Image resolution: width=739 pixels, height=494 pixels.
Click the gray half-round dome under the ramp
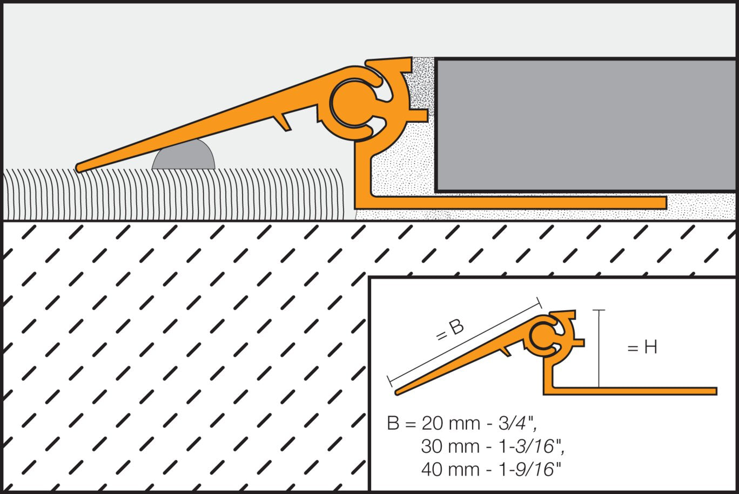[184, 156]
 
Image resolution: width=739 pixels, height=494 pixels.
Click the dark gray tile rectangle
[587, 125]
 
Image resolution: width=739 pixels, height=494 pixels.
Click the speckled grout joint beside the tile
[420, 86]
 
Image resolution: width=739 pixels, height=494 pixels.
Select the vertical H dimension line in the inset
[599, 349]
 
